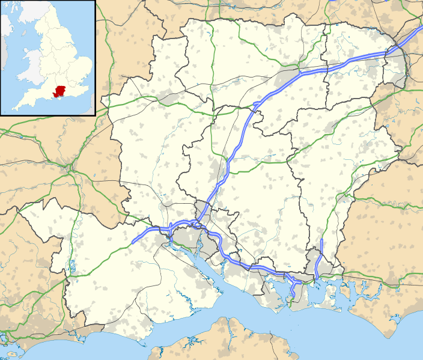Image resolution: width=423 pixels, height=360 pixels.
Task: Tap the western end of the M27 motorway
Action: [133, 242]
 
